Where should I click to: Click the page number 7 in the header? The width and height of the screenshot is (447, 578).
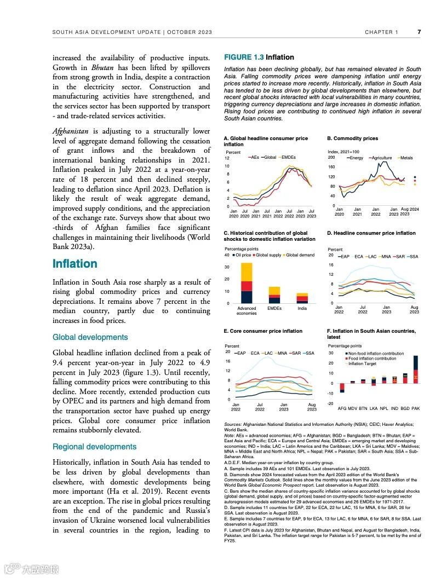tap(419, 32)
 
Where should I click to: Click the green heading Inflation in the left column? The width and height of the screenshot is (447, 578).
tap(74, 264)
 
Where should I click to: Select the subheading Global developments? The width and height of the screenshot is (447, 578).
tap(90, 337)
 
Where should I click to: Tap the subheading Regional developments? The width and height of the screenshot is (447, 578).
tap(94, 447)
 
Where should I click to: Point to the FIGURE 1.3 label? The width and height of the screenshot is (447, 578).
tap(244, 57)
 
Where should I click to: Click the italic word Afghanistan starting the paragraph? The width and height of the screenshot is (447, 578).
tap(71, 131)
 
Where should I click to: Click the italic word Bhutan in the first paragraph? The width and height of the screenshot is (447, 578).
tap(102, 67)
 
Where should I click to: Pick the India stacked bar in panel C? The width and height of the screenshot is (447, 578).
tap(302, 298)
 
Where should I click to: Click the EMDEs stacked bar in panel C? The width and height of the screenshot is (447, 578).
tap(274, 295)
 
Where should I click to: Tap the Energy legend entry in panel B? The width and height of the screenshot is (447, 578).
tap(355, 158)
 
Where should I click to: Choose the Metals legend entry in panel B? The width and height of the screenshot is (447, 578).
tap(405, 158)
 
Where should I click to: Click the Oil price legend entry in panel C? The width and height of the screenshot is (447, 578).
tap(242, 255)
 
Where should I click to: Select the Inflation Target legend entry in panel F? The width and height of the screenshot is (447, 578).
tap(361, 363)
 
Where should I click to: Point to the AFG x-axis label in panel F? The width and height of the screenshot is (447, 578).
tap(342, 408)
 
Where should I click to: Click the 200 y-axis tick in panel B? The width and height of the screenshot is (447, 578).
tap(331, 158)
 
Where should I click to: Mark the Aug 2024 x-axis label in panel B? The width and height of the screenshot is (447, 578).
tap(409, 211)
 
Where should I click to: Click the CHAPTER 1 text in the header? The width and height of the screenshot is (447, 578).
tap(382, 32)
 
